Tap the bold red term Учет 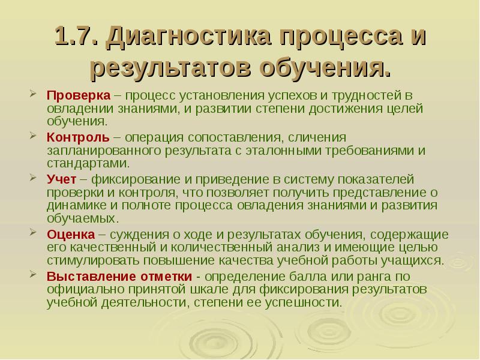tap(60, 179)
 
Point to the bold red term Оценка tap(70, 233)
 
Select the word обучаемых tap(79, 218)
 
